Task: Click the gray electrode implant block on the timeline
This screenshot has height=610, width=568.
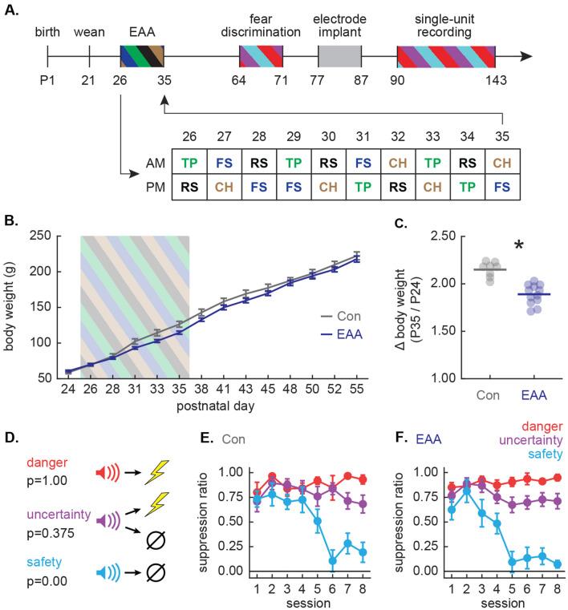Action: [x=340, y=56]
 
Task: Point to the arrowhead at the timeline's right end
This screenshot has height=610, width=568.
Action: [x=525, y=56]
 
